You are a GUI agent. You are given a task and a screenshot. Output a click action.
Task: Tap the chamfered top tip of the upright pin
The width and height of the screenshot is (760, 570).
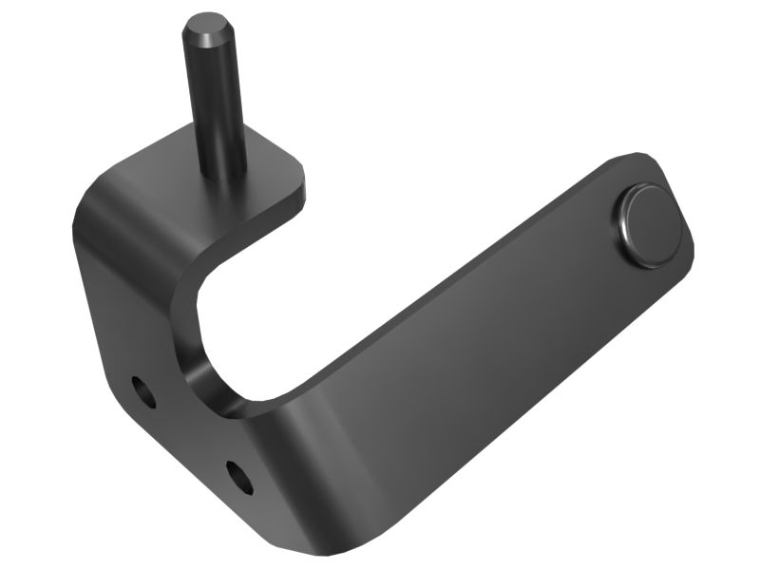click(210, 25)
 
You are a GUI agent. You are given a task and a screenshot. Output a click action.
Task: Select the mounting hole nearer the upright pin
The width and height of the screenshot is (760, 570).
click(143, 390)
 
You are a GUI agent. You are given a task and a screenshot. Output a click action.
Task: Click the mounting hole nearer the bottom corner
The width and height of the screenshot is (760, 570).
click(239, 476)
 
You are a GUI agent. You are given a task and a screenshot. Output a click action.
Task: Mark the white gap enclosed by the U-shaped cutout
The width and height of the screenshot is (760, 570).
click(285, 313)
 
